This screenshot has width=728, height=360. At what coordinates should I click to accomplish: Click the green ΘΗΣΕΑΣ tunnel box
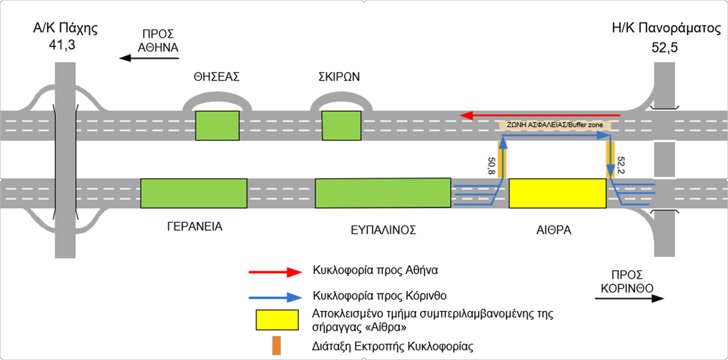coord(217,126)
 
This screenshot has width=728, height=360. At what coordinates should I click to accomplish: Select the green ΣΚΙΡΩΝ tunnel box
coord(341,126)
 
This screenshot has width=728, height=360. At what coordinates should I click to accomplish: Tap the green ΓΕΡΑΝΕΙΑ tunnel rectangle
coord(194,193)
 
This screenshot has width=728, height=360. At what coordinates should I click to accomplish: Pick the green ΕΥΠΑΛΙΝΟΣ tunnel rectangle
coord(383,193)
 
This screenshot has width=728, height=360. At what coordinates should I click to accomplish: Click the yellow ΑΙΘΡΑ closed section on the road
coord(558,193)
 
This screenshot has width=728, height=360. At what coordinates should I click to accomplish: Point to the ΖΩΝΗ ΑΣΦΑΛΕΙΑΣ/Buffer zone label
coord(554,125)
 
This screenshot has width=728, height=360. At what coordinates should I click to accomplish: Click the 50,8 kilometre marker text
coord(491,166)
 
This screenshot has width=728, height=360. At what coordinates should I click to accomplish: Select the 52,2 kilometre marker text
coord(621,165)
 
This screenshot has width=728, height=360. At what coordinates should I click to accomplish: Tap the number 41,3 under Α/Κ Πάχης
coord(62,45)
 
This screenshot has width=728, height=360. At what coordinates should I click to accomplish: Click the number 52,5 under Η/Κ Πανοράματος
coord(665,47)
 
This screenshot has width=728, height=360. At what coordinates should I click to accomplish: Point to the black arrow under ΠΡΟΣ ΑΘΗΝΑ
coord(149,58)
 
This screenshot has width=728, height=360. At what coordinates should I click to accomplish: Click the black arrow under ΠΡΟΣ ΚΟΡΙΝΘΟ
coord(630,299)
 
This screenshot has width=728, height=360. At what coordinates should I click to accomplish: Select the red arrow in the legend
coord(275,272)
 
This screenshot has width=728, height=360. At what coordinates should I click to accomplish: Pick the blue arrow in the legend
coord(275,297)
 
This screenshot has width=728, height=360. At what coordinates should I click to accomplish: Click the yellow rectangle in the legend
coord(277,320)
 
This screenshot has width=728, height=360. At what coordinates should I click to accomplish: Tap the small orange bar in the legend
coord(276,345)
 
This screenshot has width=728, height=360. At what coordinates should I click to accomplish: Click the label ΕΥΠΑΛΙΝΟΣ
coord(383,230)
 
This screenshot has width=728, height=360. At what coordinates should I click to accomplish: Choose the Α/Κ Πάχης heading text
coord(66,29)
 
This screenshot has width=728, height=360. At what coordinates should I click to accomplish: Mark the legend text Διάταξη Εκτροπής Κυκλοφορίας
coord(393,347)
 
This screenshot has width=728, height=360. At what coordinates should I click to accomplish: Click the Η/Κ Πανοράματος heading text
coord(666,29)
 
